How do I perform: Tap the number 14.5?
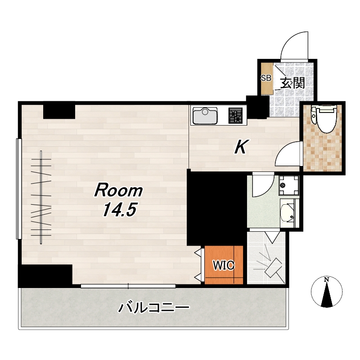coord(120,210)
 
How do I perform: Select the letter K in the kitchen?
coord(241,147)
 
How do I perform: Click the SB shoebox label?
coord(266,78)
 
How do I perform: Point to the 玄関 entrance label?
coord(292,83)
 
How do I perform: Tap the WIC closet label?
coord(224,265)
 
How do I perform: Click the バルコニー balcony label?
coord(153,308)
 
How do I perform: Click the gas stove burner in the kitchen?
coord(235,116)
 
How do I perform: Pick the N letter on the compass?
coord(326,280)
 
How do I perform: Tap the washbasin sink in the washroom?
coord(288,213)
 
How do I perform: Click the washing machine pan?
coord(289,185)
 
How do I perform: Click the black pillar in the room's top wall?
coord(59,111)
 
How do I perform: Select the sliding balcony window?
coord(128,286)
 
